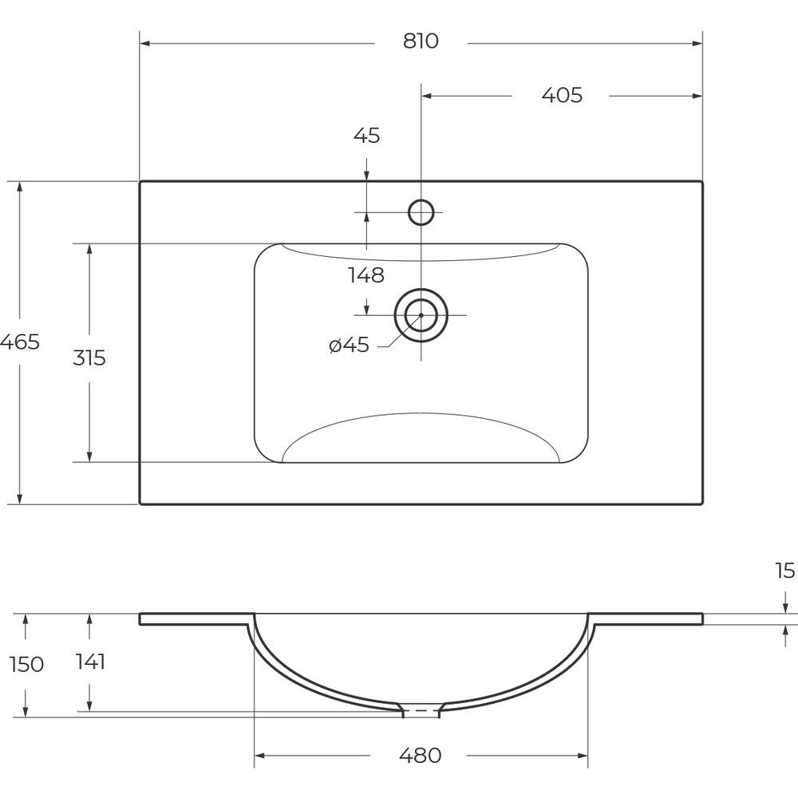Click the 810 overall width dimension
(x=421, y=41)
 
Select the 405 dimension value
(x=561, y=95)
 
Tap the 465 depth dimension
(x=19, y=342)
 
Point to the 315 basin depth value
(x=89, y=358)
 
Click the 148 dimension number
(x=366, y=275)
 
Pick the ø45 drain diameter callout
(x=350, y=345)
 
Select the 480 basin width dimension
(x=420, y=756)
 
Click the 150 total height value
(x=26, y=664)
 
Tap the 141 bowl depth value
(x=90, y=662)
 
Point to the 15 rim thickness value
(x=785, y=571)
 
